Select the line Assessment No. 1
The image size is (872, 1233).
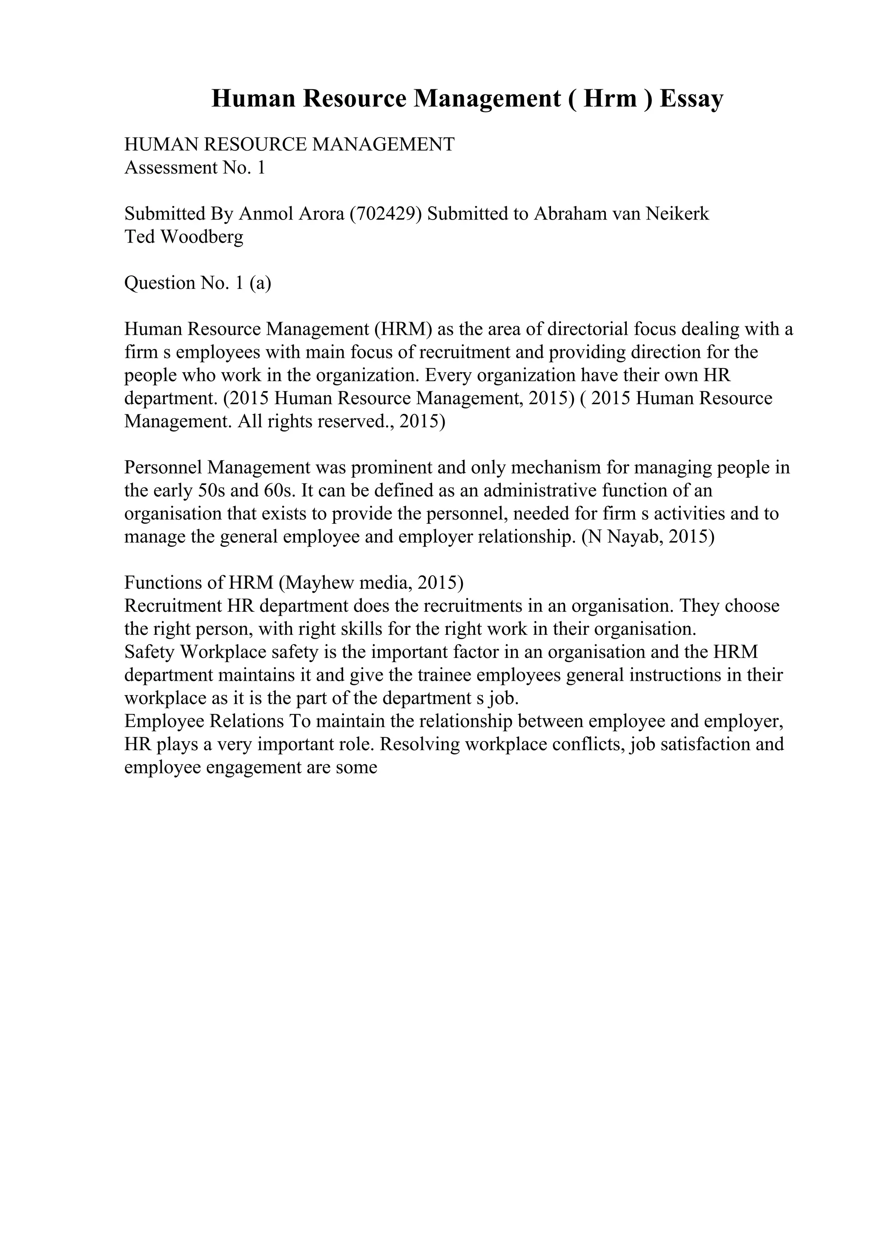pos(195,168)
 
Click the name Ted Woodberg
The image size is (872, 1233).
pos(184,237)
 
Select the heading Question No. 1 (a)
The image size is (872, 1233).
pos(198,283)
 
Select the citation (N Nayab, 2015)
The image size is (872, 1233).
pos(648,537)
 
